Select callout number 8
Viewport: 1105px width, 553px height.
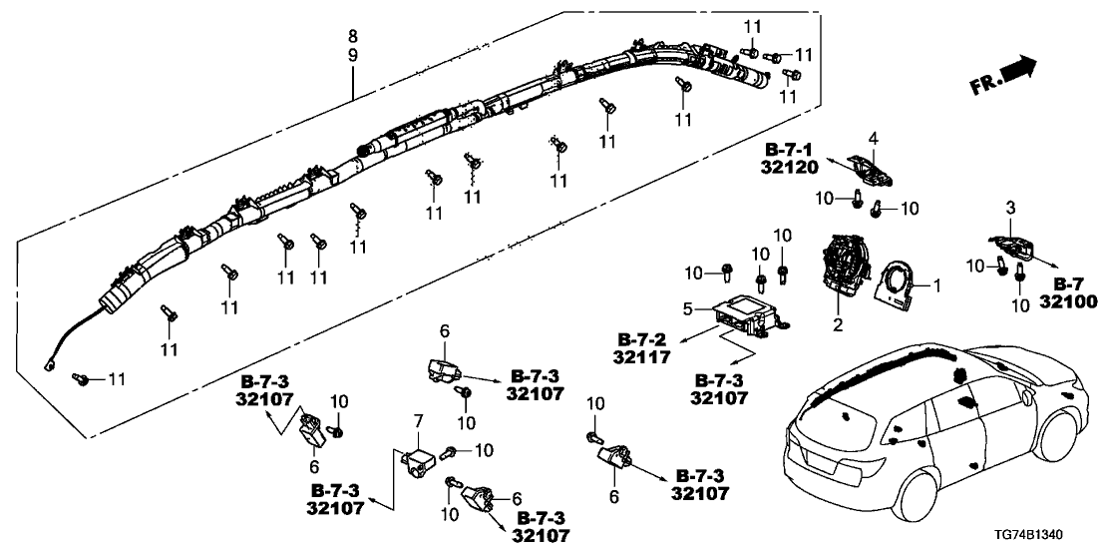(352, 36)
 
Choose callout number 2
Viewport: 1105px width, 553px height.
(838, 323)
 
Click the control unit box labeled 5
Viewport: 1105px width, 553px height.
(750, 317)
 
